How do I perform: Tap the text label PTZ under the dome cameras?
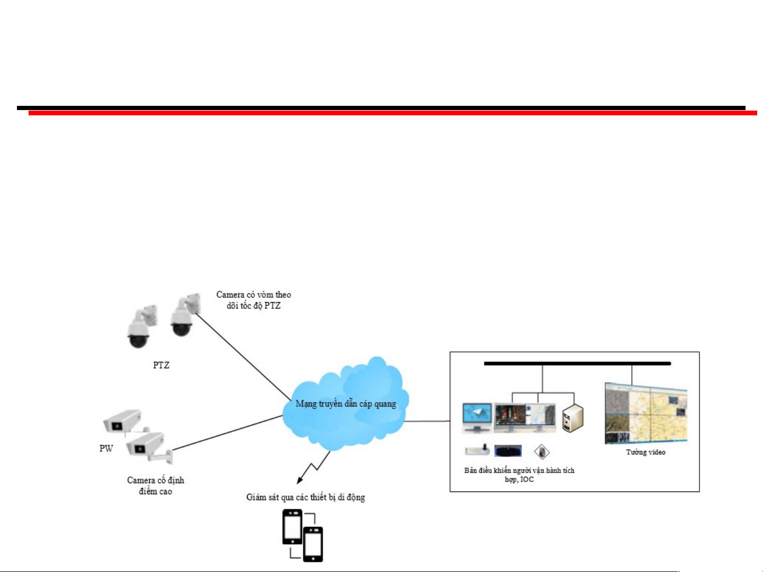161,365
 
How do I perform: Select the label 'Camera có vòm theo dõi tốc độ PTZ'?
254,300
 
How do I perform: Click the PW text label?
106,448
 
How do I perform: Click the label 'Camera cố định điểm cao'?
156,486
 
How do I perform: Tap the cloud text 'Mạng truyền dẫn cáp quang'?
346,404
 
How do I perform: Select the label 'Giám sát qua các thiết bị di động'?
306,497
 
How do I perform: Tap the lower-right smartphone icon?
313,544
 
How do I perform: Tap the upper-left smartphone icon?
292,526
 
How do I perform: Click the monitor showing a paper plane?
477,417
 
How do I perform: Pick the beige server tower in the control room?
572,417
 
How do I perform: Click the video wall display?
645,413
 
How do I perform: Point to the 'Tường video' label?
645,452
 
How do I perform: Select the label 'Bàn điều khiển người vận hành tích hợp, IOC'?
519,475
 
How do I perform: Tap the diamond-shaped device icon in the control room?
542,452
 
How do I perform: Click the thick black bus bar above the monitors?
577,364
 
